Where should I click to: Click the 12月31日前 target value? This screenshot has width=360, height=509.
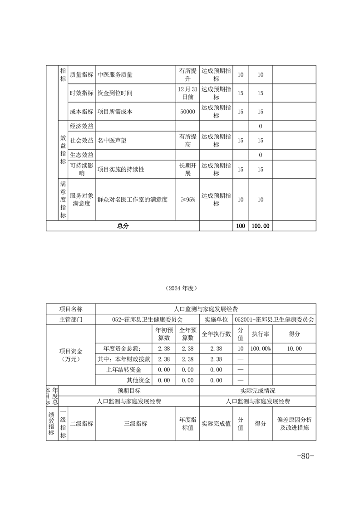point(187,93)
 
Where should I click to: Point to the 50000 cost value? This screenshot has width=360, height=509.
point(187,112)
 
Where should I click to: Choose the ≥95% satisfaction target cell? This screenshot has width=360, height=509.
point(187,200)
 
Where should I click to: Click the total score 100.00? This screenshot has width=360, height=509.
point(260,226)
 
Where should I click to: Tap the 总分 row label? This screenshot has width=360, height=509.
point(123,226)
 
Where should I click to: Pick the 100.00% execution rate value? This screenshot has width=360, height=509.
point(260,348)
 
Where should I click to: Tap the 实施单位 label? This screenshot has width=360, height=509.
point(216,319)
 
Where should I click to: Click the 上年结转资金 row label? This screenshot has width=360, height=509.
point(124,370)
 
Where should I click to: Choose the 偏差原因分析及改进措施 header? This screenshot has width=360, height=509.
point(294,424)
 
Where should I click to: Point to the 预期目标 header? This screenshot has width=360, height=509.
point(129,391)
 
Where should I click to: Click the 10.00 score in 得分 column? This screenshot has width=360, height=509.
point(294,348)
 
